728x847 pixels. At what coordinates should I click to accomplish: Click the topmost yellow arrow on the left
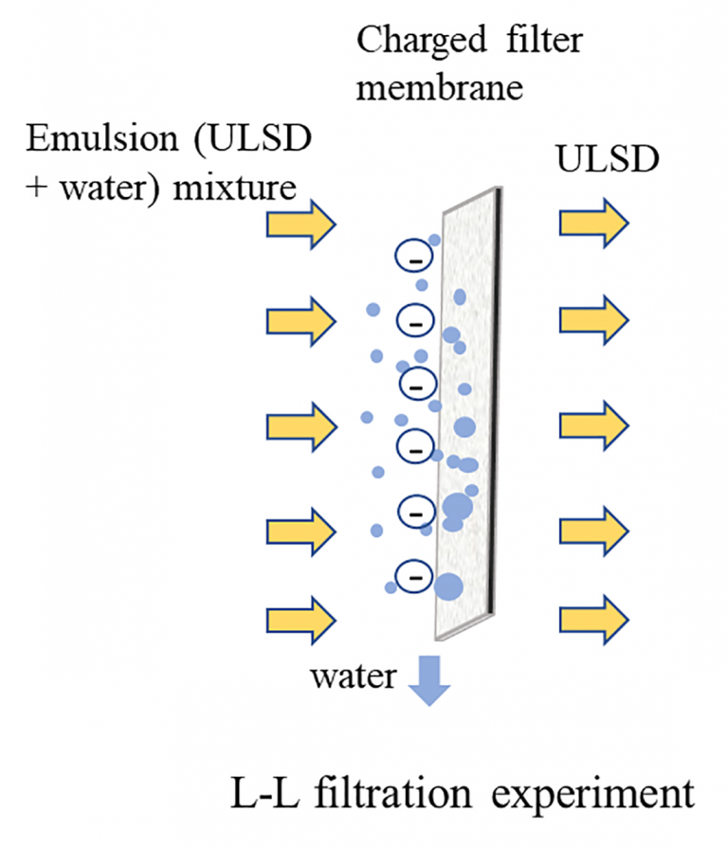[300, 225]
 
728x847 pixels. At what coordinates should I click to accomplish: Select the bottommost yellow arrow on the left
[300, 619]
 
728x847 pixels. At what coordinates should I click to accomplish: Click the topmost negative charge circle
[413, 257]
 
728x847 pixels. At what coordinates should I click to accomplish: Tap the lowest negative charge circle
[413, 575]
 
